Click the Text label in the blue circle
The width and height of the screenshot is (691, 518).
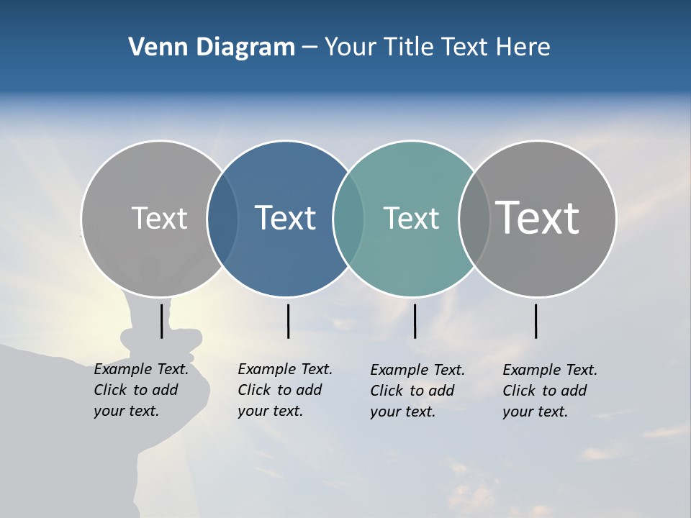pos(286,218)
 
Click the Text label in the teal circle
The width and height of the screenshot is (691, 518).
pos(411,218)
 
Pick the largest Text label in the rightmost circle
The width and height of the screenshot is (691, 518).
pos(538,217)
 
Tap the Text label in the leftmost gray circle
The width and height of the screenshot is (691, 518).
pos(159,218)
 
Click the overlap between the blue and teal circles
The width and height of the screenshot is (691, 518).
pos(348,218)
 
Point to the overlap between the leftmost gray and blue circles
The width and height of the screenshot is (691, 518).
pos(222,218)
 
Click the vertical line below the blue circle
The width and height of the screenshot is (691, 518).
pos(288,321)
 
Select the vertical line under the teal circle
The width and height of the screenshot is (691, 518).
pos(415,321)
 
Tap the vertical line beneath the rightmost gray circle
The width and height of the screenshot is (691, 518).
pos(536,321)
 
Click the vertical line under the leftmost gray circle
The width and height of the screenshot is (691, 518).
pos(161,321)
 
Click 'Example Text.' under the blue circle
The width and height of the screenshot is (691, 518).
pos(285,369)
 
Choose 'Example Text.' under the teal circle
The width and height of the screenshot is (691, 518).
pos(417,370)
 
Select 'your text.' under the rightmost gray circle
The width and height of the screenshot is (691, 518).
pos(535,412)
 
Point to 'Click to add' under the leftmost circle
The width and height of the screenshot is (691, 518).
pos(136,390)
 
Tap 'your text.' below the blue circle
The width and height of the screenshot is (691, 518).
pos(270,411)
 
